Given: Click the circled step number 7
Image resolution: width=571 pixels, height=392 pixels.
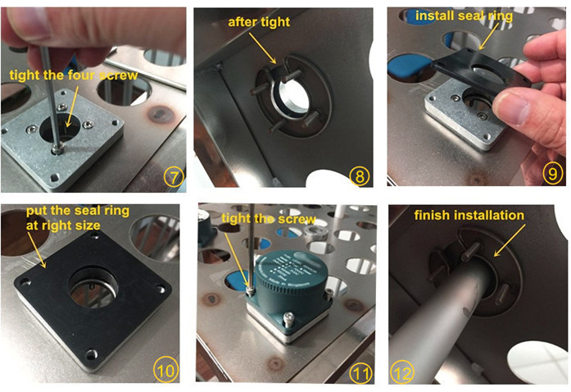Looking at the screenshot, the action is (174, 178).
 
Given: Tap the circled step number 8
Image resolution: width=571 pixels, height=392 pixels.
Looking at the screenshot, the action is (360, 176).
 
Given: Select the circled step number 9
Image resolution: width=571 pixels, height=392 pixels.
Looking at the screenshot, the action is (553, 173).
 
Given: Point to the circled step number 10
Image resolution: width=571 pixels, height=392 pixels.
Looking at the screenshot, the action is (165, 371).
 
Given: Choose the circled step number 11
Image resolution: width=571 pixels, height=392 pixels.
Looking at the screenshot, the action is (361, 373).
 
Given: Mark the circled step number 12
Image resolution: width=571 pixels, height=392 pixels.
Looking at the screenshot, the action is (402, 373).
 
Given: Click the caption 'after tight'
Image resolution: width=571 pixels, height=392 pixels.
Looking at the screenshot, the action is (259, 22).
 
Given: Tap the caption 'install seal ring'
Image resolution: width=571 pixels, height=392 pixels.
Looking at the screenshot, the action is (464, 16).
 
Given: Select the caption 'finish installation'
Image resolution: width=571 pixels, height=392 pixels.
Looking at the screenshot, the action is (469, 215).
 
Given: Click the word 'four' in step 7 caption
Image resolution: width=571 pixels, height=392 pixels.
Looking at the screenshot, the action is (81, 75).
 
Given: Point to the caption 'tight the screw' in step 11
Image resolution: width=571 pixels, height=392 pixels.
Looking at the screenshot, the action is (269, 219).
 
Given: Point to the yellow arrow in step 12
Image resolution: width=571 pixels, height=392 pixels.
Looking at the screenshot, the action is (510, 240).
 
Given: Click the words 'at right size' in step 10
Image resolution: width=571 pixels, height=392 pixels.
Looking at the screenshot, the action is (63, 226).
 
